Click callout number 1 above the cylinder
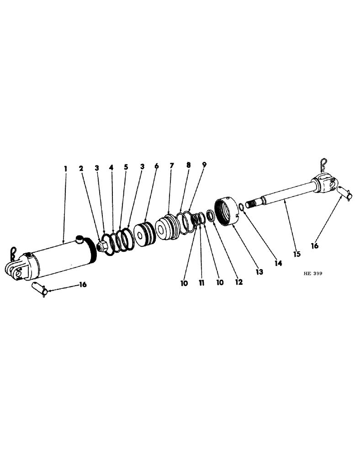65,169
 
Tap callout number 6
156,166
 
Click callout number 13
259,272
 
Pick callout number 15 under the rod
296,254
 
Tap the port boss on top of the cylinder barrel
79,237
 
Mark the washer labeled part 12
211,216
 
